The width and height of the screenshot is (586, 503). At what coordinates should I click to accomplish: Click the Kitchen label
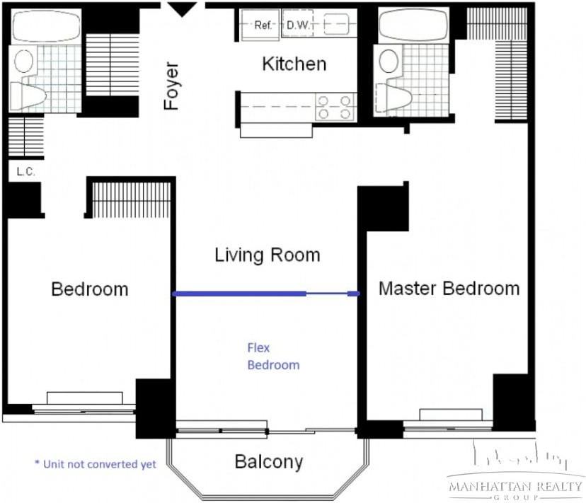click(x=294, y=64)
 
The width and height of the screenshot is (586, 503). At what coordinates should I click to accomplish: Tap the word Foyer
click(x=172, y=86)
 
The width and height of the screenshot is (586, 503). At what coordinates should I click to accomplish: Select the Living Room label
click(x=268, y=255)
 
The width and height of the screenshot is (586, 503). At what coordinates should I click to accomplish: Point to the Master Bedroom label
click(x=449, y=289)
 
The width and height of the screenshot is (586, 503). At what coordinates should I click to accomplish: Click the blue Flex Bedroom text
click(x=273, y=357)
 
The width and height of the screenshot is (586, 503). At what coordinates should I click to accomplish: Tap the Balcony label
click(x=269, y=462)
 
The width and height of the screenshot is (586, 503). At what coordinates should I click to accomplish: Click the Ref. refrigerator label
click(x=263, y=25)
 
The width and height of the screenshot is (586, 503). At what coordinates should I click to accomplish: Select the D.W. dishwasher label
click(x=298, y=25)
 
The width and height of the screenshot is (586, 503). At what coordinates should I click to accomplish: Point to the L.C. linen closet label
click(x=25, y=172)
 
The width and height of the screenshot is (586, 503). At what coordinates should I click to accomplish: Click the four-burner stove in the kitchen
click(x=335, y=108)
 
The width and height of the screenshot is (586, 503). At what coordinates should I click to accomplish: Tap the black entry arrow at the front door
click(x=182, y=9)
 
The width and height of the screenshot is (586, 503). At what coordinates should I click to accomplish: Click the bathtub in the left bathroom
click(x=46, y=25)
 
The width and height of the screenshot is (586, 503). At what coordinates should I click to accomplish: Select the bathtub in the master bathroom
click(x=413, y=25)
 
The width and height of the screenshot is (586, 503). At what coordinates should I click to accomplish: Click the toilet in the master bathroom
click(x=393, y=98)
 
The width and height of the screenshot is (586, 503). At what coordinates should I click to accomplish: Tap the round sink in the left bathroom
click(x=23, y=61)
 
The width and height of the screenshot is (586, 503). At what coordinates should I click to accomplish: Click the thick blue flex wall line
click(x=239, y=294)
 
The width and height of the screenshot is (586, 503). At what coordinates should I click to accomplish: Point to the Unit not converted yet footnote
click(x=96, y=464)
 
